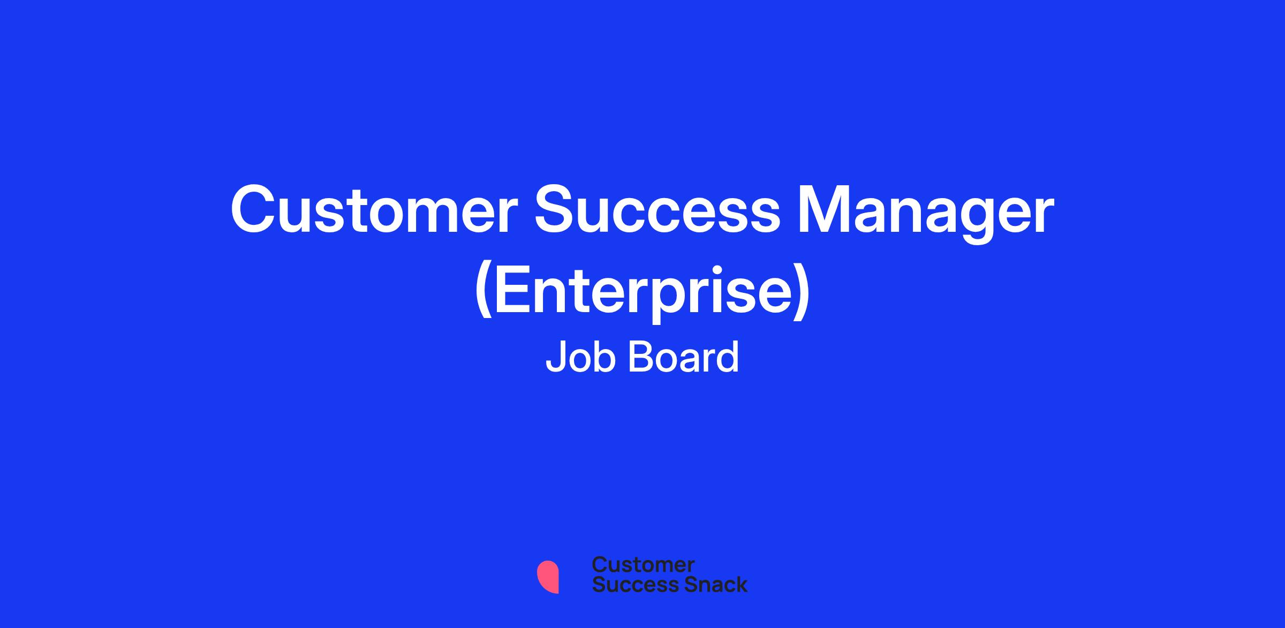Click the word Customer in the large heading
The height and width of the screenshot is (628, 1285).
tap(375, 210)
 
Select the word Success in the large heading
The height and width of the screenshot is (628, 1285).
tap(658, 210)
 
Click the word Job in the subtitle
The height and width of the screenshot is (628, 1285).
tap(581, 357)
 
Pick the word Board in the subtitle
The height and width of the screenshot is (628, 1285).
tap(683, 357)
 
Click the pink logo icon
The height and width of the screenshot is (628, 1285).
tap(548, 577)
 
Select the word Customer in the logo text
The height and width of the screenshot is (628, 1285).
tap(644, 565)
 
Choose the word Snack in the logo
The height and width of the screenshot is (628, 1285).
tap(708, 584)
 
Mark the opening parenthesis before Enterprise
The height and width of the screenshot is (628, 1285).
tap(483, 293)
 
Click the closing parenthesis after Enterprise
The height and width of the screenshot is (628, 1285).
tap(801, 293)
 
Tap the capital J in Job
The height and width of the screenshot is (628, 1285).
tap(555, 357)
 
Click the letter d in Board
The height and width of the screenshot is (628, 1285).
tap(728, 357)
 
